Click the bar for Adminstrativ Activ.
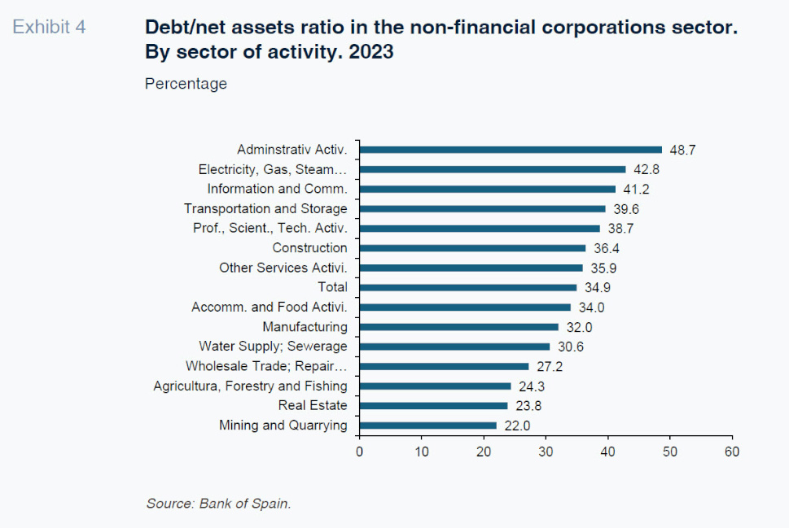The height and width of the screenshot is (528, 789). click(511, 150)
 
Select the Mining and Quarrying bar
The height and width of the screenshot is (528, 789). click(427, 425)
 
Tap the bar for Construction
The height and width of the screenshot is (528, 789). click(472, 248)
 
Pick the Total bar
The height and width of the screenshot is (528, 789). click(467, 287)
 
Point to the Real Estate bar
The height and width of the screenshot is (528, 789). click(433, 405)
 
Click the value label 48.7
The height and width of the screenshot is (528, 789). click(682, 151)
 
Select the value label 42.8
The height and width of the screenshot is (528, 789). click(646, 170)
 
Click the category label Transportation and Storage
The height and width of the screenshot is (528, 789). click(265, 209)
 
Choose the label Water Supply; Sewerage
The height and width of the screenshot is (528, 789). click(273, 347)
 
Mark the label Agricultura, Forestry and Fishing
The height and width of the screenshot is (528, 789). click(250, 386)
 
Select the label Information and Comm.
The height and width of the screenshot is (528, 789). click(277, 189)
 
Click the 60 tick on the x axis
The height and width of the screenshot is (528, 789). click(732, 451)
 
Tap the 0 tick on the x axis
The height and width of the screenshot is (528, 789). click(359, 451)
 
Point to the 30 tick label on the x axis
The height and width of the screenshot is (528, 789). click(546, 451)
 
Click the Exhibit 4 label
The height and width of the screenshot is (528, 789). click(49, 27)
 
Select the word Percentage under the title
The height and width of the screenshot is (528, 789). click(186, 84)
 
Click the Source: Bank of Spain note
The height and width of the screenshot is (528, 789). click(218, 504)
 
